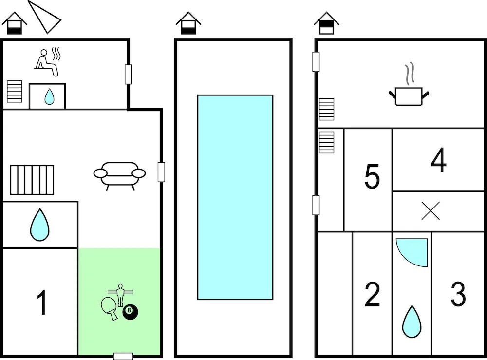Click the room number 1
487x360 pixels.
pyautogui.click(x=42, y=302)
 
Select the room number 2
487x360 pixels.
pyautogui.click(x=373, y=294)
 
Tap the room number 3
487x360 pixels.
pyautogui.click(x=458, y=294)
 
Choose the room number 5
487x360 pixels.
pyautogui.click(x=372, y=177)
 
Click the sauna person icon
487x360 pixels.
pyautogui.click(x=47, y=62)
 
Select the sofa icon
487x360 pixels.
pyautogui.click(x=119, y=174)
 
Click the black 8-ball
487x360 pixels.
pyautogui.click(x=130, y=312)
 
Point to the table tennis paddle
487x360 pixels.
pyautogui.click(x=110, y=308)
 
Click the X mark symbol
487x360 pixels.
pyautogui.click(x=431, y=211)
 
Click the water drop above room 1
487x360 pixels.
pyautogui.click(x=40, y=225)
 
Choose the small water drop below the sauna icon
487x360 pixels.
pyautogui.click(x=49, y=97)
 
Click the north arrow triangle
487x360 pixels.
pyautogui.click(x=45, y=17)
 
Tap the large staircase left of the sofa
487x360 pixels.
pyautogui.click(x=32, y=180)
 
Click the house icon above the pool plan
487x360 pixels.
pyautogui.click(x=188, y=23)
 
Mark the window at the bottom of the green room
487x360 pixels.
pyautogui.click(x=123, y=356)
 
